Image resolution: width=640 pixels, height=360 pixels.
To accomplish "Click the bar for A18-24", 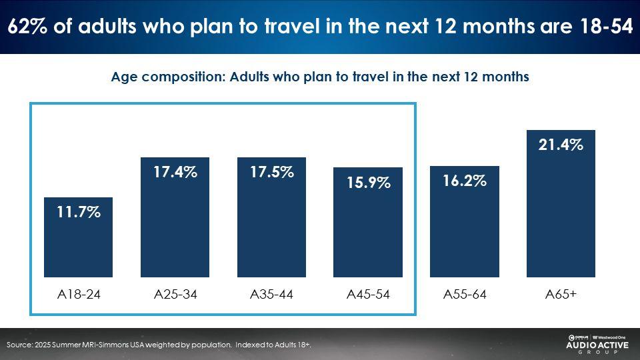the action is [x=79, y=237].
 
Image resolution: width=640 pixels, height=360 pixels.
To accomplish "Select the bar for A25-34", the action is [x=175, y=217].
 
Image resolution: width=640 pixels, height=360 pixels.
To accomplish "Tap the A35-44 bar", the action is [x=271, y=217].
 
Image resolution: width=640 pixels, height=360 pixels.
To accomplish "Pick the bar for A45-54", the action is [x=368, y=222].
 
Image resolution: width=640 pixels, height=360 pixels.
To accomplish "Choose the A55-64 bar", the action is [x=465, y=221].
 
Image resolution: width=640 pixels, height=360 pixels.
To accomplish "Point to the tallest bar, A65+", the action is [x=561, y=204].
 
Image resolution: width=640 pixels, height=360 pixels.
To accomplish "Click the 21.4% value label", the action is [x=561, y=145].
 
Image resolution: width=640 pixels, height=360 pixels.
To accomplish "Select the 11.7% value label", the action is [x=79, y=212].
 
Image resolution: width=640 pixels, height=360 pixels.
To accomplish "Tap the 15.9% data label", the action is [x=369, y=183].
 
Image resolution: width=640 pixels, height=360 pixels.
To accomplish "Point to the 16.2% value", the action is [x=465, y=181].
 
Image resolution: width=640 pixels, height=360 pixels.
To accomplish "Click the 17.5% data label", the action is [x=272, y=172].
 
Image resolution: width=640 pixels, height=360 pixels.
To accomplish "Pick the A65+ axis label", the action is [x=561, y=294].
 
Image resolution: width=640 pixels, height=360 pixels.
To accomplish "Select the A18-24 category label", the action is [x=79, y=294].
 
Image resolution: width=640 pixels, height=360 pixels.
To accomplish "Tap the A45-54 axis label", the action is [x=368, y=294].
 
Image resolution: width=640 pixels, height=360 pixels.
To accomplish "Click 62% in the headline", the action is [x=27, y=27].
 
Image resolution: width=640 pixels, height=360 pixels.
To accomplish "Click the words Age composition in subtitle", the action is [x=168, y=77].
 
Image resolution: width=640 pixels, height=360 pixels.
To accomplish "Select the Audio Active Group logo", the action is [x=597, y=344].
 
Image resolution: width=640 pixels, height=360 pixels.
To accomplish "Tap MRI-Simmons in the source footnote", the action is [x=105, y=345].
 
